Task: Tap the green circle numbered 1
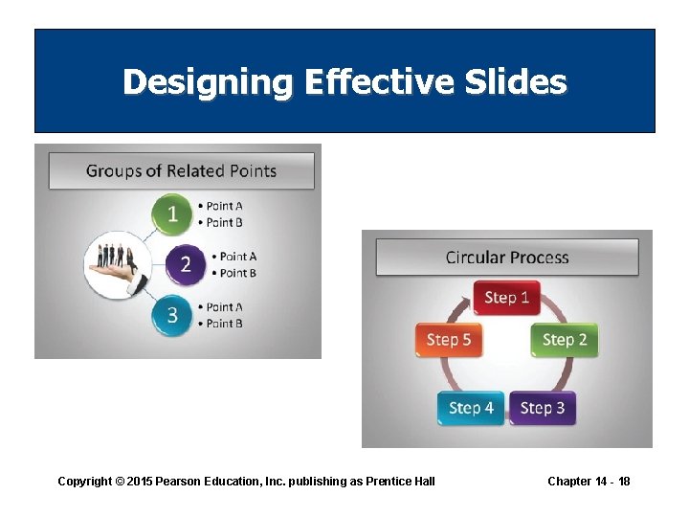(x=172, y=214)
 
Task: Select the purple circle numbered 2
(x=185, y=264)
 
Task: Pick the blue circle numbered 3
(x=172, y=315)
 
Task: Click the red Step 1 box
(x=506, y=298)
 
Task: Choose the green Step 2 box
(x=564, y=340)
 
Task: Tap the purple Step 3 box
(x=542, y=408)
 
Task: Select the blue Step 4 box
(x=471, y=408)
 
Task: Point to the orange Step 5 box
(x=448, y=340)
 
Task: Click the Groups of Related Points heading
(x=181, y=171)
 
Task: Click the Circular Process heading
(x=506, y=258)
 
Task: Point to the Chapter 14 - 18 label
(x=589, y=481)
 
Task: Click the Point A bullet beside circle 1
(x=224, y=206)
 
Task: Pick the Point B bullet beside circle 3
(x=224, y=324)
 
